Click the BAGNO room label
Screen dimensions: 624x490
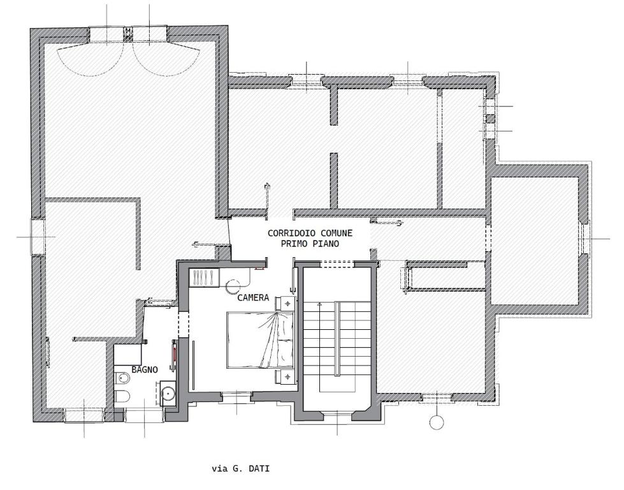point(145,369)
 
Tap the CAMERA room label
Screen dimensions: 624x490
point(253,297)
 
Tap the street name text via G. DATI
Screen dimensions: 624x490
point(241,468)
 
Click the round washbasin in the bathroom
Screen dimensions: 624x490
point(169,393)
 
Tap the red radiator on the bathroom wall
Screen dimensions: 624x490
point(174,355)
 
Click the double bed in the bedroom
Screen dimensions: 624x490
point(260,340)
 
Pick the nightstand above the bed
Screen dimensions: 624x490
point(286,303)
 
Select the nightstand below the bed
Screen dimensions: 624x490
point(286,376)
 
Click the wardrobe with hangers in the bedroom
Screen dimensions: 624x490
point(204,278)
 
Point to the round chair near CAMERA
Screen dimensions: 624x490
point(233,285)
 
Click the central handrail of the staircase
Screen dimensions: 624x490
point(337,339)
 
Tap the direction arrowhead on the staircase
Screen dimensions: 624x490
point(319,304)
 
